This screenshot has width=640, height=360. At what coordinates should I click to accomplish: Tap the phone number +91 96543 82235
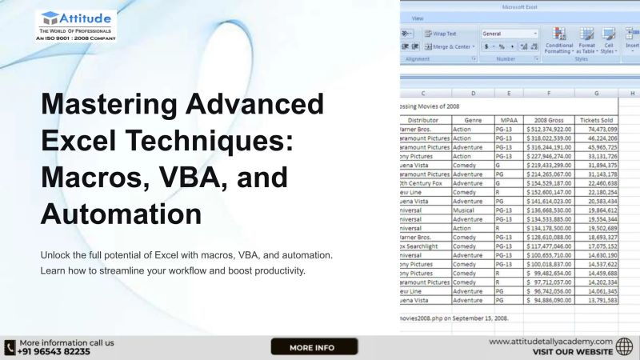54,351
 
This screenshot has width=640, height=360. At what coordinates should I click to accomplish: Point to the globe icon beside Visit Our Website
625,346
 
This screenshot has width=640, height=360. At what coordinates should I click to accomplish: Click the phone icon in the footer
10,347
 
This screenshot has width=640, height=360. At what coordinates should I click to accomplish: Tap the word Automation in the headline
121,214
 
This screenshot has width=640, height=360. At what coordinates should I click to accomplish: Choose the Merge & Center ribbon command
451,46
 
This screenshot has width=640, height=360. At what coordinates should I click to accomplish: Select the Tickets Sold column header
596,118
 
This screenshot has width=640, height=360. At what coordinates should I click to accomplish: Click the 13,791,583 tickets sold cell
596,301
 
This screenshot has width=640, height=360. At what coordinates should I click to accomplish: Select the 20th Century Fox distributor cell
423,182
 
